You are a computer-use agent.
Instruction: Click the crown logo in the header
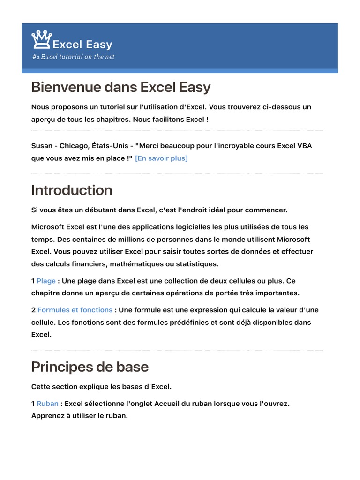[41, 40]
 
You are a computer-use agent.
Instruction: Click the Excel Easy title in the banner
[82, 45]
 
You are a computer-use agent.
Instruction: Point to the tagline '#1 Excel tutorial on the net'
[73, 57]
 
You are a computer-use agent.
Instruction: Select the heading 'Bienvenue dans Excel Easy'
[121, 87]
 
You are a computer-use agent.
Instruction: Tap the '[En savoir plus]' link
[161, 158]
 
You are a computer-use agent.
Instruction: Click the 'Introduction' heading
[72, 190]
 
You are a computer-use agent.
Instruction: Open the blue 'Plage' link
[46, 281]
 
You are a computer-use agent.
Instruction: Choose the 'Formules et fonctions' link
[75, 310]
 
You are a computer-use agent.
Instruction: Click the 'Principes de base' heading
[90, 367]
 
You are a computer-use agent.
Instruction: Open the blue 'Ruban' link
[47, 403]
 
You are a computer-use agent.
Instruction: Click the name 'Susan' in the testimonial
[42, 145]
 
